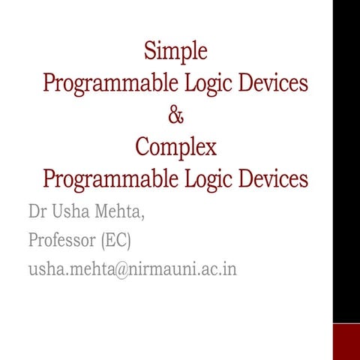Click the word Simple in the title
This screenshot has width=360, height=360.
[x=175, y=51]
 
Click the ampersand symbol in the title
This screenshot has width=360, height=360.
[x=175, y=115]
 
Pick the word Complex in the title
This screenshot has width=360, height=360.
[x=175, y=147]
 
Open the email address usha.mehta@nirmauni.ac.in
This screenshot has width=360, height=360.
[x=132, y=268]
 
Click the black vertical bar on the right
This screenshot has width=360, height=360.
[x=346, y=150]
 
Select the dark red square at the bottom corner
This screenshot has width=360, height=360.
[x=346, y=341]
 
